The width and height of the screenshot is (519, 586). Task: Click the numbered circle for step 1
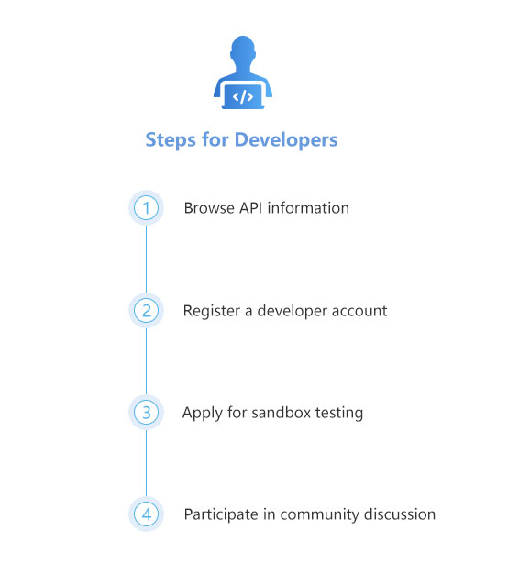(x=146, y=208)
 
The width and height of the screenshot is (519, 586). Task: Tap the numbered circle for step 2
(x=146, y=311)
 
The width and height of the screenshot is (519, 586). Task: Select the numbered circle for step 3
(x=146, y=413)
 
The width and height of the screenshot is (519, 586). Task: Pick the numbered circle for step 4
(x=146, y=514)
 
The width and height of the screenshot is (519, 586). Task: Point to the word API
(x=250, y=208)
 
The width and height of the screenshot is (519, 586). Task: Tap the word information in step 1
(x=308, y=208)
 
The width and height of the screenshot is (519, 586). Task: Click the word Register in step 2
(x=212, y=311)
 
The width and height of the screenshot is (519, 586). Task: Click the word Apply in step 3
(x=202, y=414)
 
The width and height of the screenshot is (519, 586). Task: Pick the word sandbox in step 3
(x=282, y=413)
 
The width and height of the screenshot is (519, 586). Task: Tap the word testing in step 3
(x=339, y=414)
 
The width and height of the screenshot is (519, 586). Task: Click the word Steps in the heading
(x=171, y=140)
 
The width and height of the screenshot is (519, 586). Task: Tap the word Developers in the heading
(x=286, y=140)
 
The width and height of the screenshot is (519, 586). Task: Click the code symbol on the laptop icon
(x=243, y=97)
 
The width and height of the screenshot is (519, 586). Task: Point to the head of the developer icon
(x=243, y=50)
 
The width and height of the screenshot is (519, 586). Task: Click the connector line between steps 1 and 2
(x=146, y=259)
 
